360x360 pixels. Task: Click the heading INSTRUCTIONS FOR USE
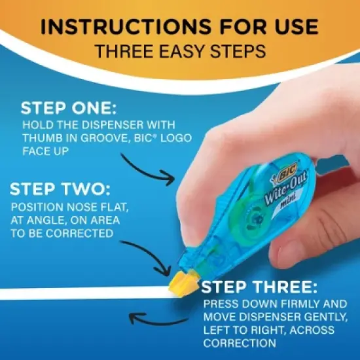(179, 27)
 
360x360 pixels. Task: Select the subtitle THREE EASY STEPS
(179, 51)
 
